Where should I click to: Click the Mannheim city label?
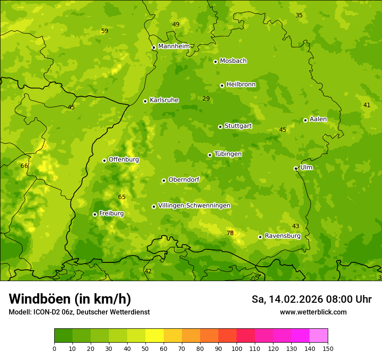174,46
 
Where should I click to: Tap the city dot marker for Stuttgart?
220,127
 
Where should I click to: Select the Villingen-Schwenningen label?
194,206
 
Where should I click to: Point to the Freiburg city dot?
95,214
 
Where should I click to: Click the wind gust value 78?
230,233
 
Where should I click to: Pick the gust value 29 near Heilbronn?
206,98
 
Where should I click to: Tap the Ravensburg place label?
283,236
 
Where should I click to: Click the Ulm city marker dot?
296,168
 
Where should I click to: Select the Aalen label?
318,119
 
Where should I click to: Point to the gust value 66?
24,166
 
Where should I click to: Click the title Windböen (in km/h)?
70,299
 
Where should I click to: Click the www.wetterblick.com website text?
313,312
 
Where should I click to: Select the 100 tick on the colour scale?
237,348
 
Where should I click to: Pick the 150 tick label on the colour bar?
328,348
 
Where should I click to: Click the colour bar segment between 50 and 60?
155,336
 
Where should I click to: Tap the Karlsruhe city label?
164,100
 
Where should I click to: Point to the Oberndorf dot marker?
164,180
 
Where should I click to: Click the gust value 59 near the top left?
105,31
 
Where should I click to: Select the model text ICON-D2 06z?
51,312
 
